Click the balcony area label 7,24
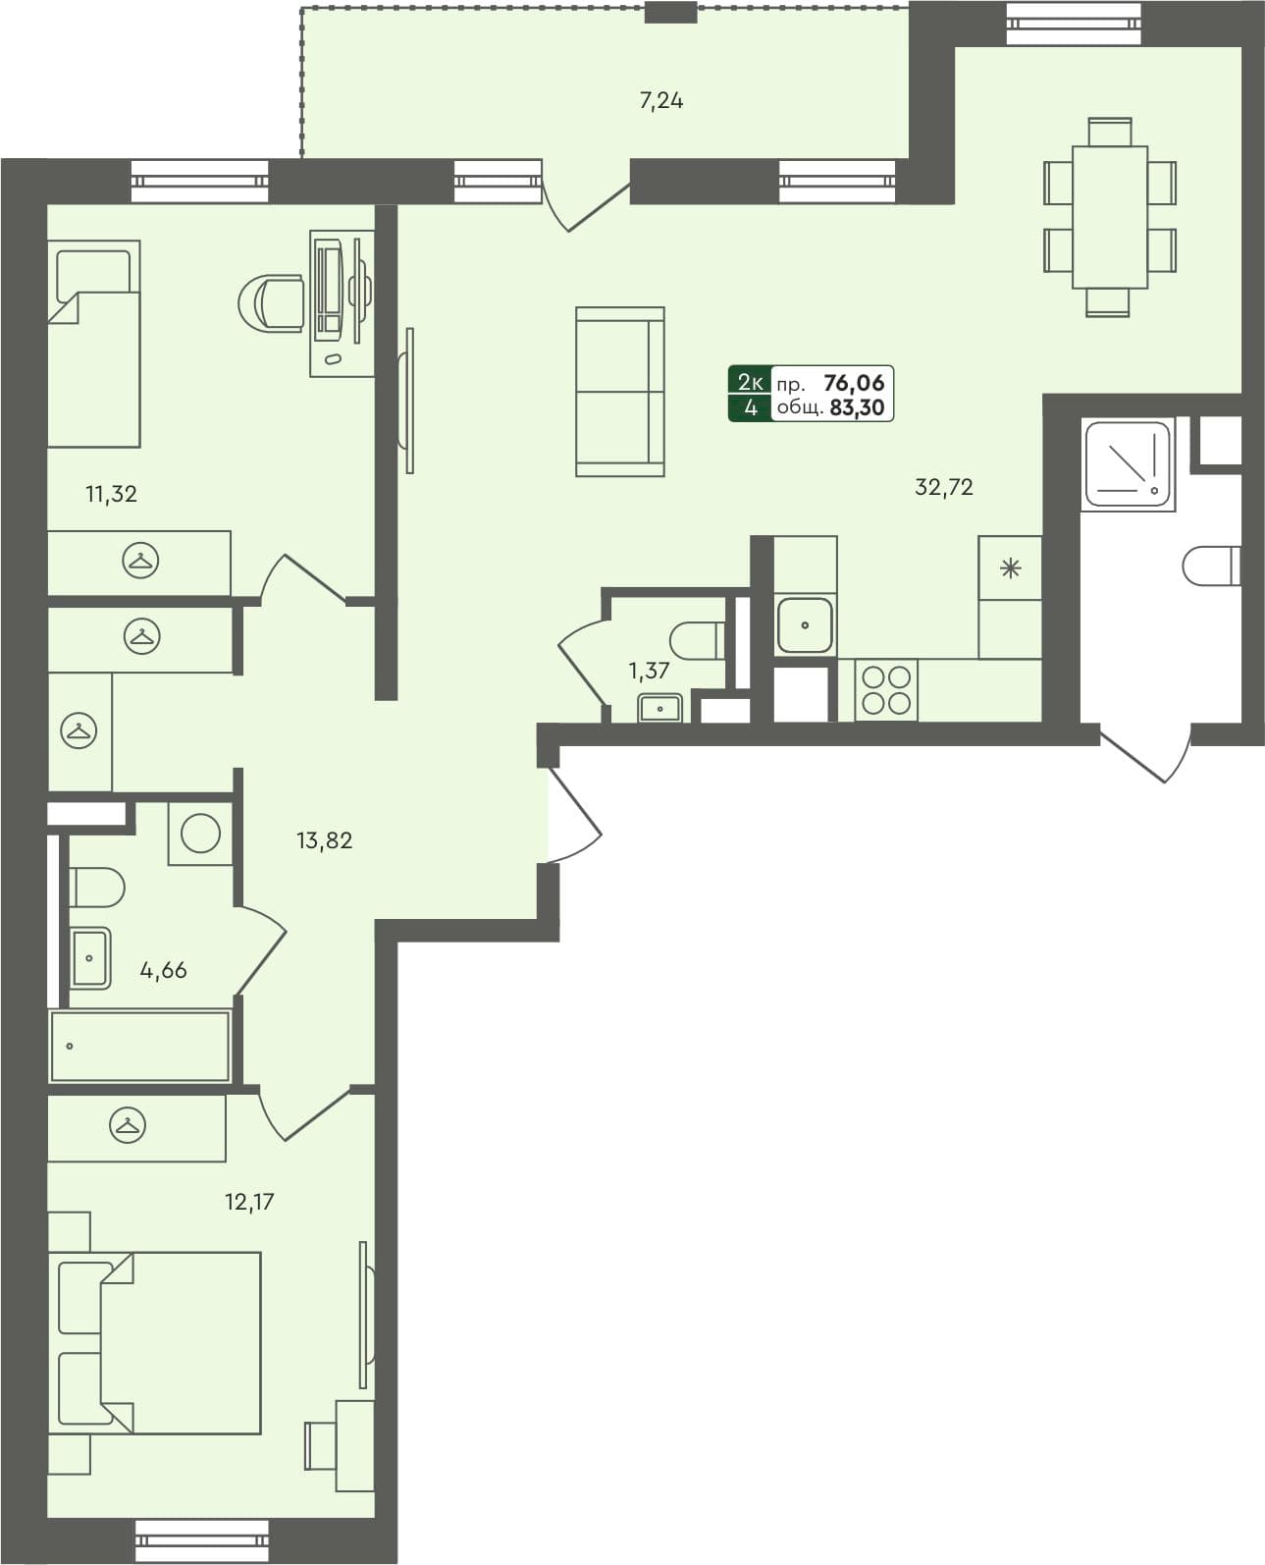661,100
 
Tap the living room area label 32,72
944,487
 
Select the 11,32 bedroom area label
112,494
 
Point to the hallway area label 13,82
325,840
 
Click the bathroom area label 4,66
163,970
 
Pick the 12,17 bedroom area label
249,1201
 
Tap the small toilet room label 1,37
649,672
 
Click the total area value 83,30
857,408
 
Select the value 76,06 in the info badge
854,383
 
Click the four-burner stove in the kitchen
886,689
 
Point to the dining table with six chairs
1110,217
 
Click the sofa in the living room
620,392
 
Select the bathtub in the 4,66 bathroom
139,1047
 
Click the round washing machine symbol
201,835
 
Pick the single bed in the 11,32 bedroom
94,344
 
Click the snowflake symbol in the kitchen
1010,568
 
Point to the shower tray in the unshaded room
1128,464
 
